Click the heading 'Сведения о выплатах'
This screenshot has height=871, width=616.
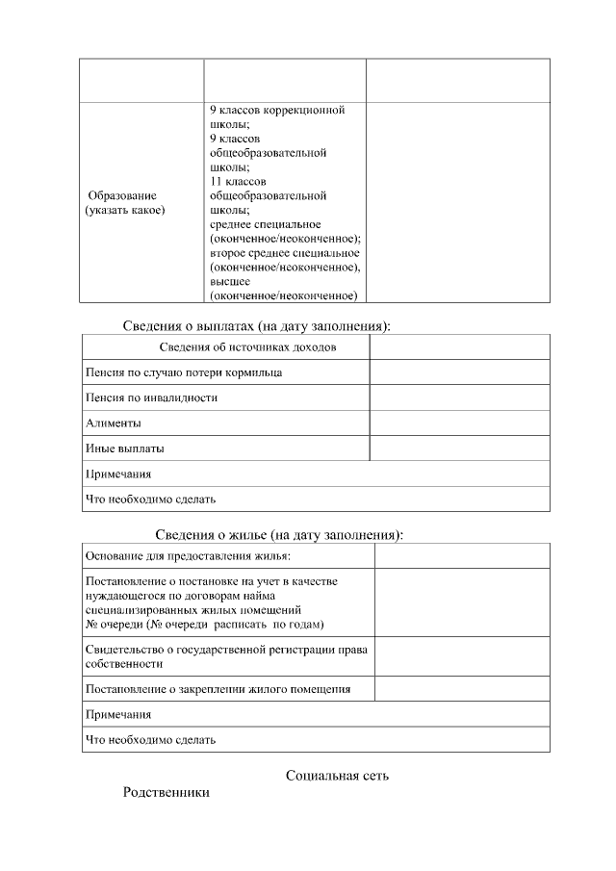coord(256,326)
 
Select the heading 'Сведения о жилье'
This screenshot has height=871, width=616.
coord(279,535)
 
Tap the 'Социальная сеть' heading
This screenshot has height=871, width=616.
coord(337,775)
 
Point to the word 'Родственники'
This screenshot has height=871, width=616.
coord(166,793)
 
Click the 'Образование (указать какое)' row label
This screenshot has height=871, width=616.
coord(125,203)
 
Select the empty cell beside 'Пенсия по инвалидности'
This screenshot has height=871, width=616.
coord(459,397)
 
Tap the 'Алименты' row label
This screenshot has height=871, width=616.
coord(114,423)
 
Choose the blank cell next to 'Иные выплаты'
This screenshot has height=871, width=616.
coord(459,448)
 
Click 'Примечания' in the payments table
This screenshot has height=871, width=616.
coord(118,474)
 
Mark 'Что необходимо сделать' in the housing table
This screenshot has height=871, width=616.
coord(151,740)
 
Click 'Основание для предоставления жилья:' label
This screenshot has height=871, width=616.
coord(188,556)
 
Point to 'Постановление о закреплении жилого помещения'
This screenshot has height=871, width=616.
coord(218,689)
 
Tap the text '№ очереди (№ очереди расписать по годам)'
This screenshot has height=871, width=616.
coord(204,624)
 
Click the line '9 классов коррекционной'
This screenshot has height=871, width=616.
coord(276,111)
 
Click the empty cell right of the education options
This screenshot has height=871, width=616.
coord(458,202)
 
